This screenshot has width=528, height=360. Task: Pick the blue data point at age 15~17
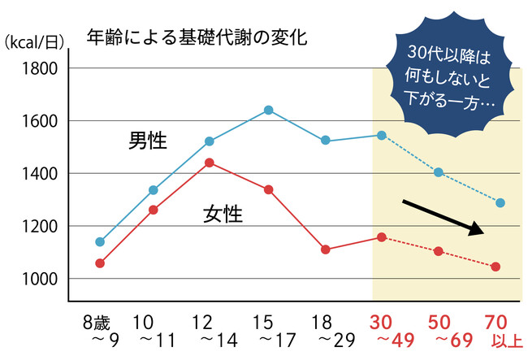coord(268,110)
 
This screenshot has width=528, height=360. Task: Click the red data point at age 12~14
coord(209,163)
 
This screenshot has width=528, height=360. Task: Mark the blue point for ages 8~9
coord(100,241)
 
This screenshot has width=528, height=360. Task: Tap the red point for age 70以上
coord(496,267)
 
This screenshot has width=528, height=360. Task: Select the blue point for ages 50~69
coord(439,172)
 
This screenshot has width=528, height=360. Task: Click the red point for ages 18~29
coord(326,249)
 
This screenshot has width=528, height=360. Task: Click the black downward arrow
coord(444,216)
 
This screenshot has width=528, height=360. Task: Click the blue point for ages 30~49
coord(382,135)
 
